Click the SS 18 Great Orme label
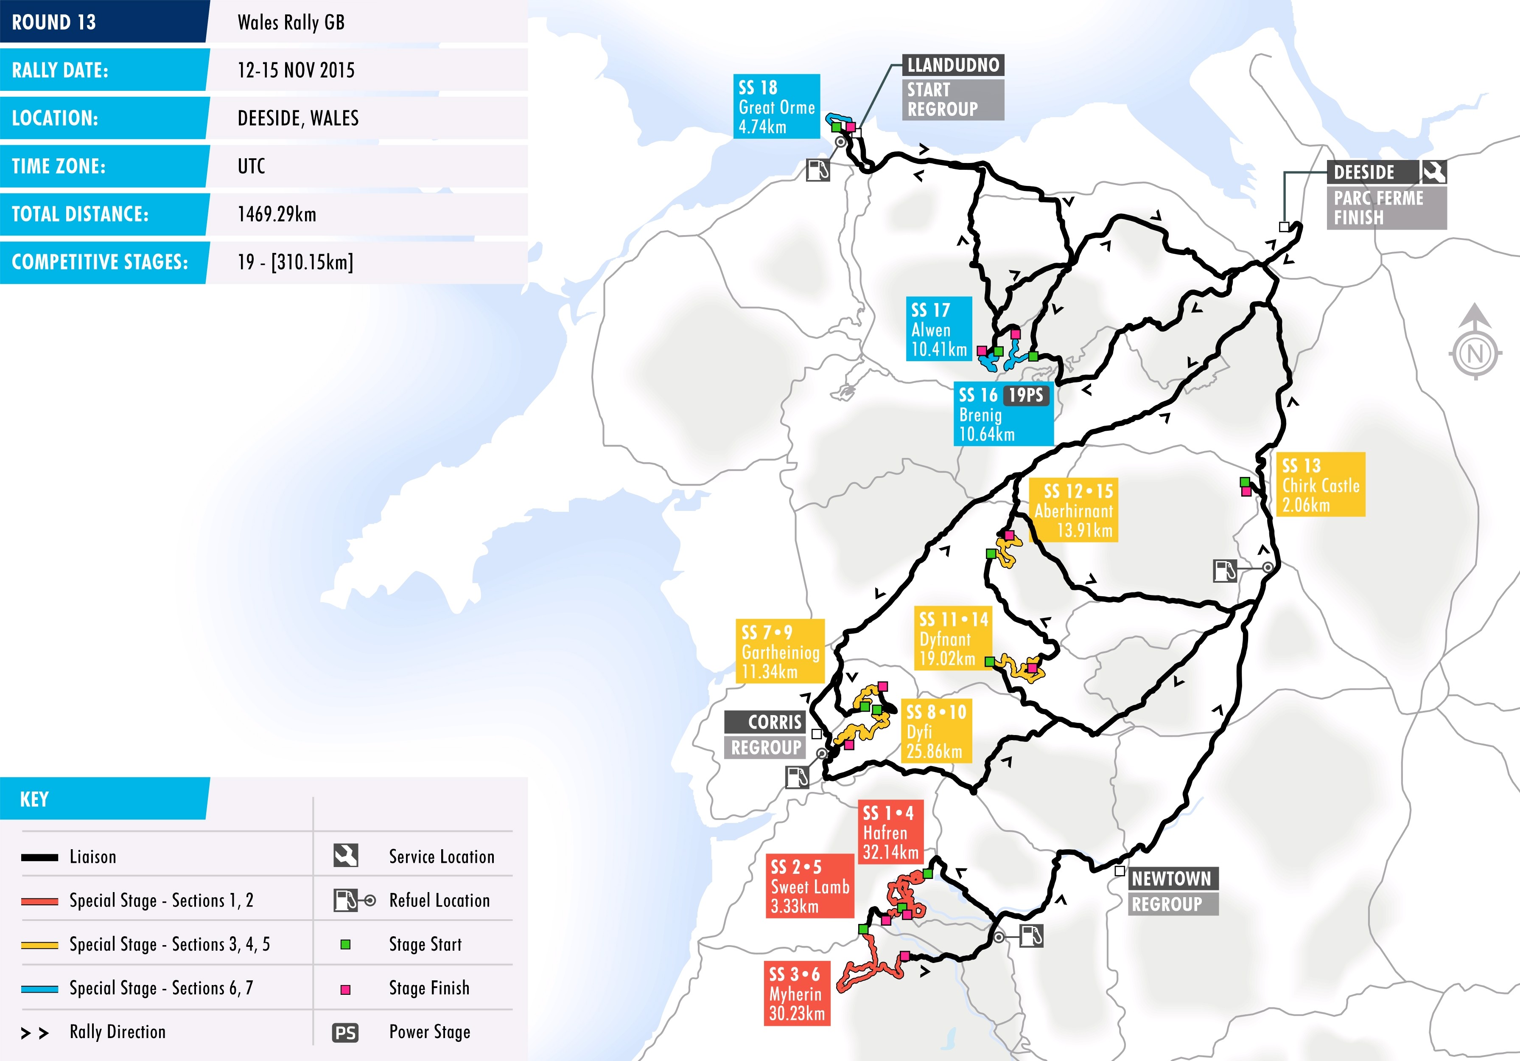777,107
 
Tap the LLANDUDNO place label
953,65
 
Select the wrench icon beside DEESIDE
1433,172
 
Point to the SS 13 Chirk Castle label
1320,485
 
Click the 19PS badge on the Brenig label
1025,396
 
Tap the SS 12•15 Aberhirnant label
1074,510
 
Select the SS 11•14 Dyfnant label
953,638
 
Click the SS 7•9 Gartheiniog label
780,651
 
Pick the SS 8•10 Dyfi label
936,731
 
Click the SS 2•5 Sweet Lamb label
810,886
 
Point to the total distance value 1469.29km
277,214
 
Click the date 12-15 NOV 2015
296,70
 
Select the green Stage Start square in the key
345,944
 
